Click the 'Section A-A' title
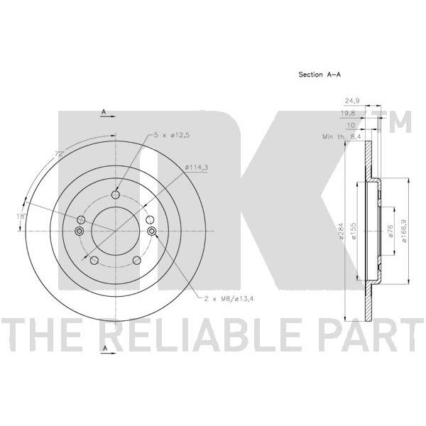click(319, 74)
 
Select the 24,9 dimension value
click(352, 101)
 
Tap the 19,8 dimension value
click(348, 114)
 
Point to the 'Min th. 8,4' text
click(342, 136)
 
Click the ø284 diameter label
click(342, 231)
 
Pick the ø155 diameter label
click(354, 231)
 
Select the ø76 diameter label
click(390, 231)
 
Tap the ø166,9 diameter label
click(405, 231)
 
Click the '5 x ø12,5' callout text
click(172, 135)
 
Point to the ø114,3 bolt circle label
click(197, 168)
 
